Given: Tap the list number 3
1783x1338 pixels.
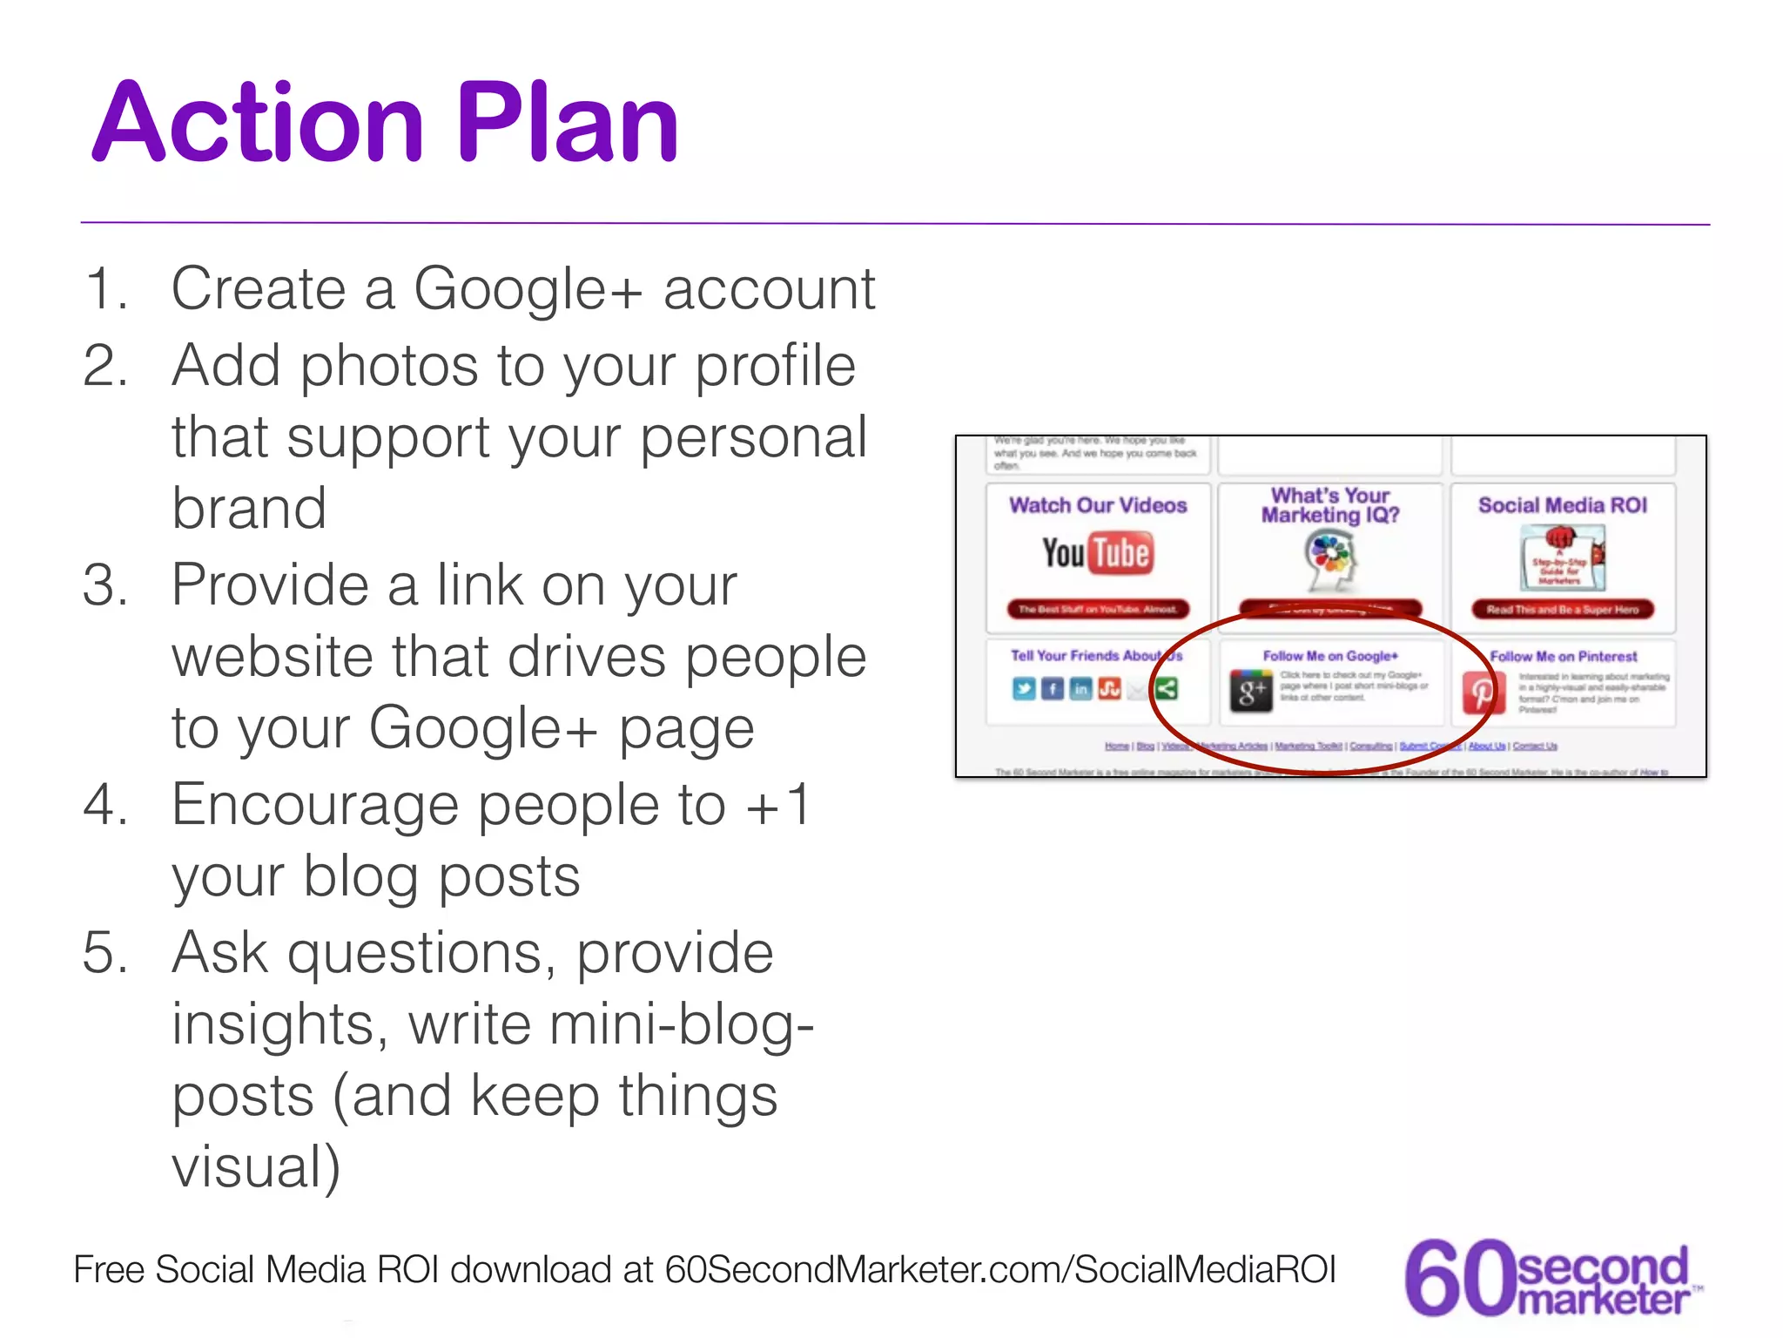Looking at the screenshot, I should (x=104, y=585).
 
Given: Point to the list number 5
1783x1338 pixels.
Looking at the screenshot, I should (x=104, y=953).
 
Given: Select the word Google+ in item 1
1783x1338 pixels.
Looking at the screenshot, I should (x=528, y=289).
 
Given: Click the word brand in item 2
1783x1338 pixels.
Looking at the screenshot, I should (x=249, y=509).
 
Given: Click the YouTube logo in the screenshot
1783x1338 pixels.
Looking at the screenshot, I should (x=1098, y=554).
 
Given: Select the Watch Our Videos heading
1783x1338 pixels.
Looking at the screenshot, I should (x=1098, y=505).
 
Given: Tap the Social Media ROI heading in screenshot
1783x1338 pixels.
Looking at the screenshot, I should (x=1563, y=505).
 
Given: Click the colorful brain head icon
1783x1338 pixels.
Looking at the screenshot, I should (x=1330, y=560).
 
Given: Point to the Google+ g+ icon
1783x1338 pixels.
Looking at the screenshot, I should (x=1251, y=692).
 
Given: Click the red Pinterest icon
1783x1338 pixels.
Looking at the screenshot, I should (x=1482, y=693).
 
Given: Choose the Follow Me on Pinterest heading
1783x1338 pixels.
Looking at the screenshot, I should (x=1564, y=657).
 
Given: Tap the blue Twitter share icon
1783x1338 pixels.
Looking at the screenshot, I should (x=1024, y=689).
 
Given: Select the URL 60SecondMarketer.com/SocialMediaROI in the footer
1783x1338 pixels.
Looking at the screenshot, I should (x=1000, y=1270).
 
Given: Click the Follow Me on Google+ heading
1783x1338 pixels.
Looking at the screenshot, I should (x=1330, y=656).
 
